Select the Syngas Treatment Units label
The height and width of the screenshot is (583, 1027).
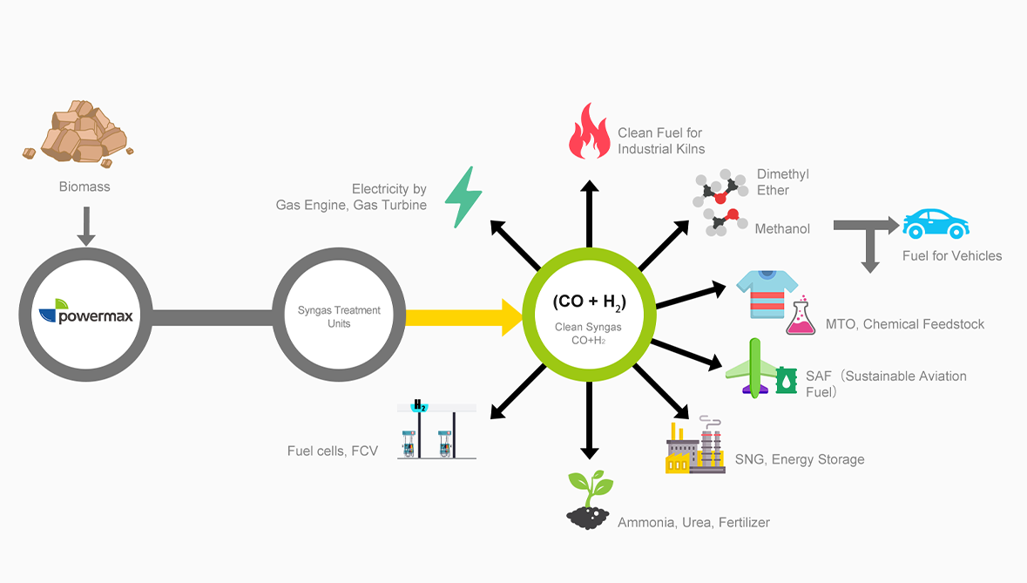[x=339, y=316]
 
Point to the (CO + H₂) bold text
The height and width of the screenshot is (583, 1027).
[x=590, y=302]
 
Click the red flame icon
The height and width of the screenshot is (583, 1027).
[x=589, y=132]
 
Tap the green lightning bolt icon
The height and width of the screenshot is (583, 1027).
[x=463, y=197]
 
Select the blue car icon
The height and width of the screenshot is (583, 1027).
[x=936, y=224]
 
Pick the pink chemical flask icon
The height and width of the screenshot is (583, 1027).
[x=801, y=317]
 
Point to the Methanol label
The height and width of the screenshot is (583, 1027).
[x=782, y=228]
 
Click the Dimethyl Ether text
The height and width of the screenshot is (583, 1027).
[x=782, y=181]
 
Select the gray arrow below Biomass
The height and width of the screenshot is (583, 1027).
[x=85, y=226]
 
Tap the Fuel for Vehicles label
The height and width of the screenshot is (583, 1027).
[x=952, y=255]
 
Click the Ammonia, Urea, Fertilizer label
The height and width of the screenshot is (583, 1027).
[x=693, y=522]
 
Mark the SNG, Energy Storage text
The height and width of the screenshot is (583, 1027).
[x=800, y=459]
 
